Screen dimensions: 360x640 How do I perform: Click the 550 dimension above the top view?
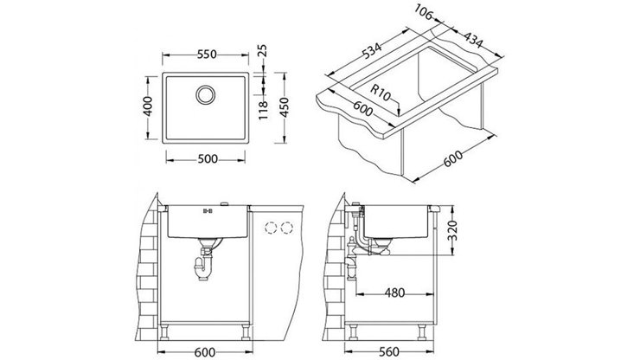tap(205, 54)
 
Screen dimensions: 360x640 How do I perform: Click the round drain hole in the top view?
tap(207, 93)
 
